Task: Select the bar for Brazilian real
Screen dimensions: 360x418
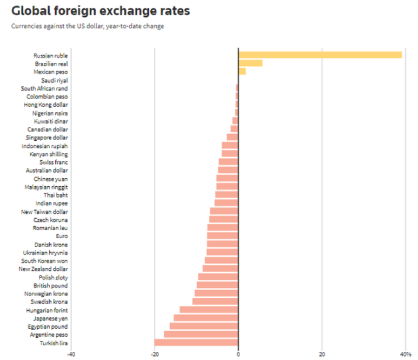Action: coord(250,63)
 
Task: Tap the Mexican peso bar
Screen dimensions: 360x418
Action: coord(242,71)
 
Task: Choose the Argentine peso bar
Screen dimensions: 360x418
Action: coord(201,335)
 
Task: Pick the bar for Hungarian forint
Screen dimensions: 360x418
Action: coord(209,310)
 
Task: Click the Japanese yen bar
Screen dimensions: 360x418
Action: coord(206,318)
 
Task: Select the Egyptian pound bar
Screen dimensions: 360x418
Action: coord(204,326)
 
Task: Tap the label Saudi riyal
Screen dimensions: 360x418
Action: coord(55,80)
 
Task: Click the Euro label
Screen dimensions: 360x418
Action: coord(62,236)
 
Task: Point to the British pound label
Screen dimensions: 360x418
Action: coord(51,285)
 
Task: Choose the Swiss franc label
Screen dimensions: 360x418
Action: coord(54,162)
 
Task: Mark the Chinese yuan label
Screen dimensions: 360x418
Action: coord(51,179)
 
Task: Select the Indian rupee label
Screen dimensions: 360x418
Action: coord(52,203)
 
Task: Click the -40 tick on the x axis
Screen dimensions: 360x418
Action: coord(71,354)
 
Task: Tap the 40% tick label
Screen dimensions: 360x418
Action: coord(406,354)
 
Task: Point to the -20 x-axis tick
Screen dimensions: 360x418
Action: coord(155,354)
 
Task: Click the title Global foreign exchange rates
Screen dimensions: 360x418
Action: coord(101,11)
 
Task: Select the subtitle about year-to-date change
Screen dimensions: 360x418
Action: coord(88,26)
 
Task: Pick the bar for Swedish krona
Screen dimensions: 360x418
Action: coord(215,302)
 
